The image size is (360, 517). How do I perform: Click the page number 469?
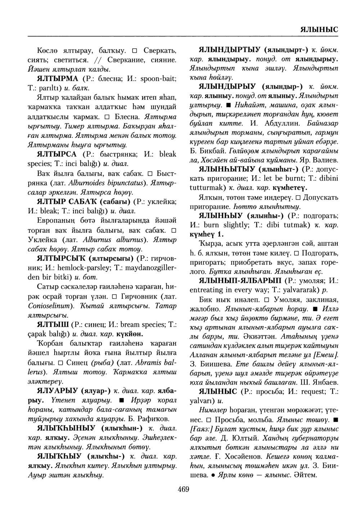[183, 489]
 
